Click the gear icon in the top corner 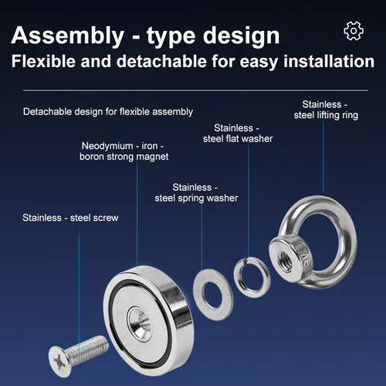click(354, 31)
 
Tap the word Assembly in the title click(68, 36)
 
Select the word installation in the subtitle click(329, 62)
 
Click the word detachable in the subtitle click(161, 62)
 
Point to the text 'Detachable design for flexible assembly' click(108, 112)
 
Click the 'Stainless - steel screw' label click(70, 218)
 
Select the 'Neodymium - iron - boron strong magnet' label click(124, 151)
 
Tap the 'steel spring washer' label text click(196, 198)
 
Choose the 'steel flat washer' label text click(238, 139)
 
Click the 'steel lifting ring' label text click(326, 115)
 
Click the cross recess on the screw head click(58, 361)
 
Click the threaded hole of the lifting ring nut click(285, 261)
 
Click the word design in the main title click(242, 36)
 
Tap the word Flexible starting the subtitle click(43, 62)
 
